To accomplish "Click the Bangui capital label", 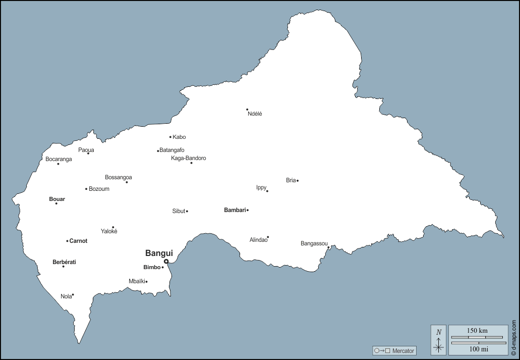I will pos(159,253).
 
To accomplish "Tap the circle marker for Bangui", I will pos(166,262).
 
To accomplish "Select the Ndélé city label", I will pos(255,114).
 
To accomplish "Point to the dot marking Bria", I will pos(298,180).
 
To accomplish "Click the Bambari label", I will pos(235,210).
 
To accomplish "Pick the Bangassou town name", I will pos(314,243).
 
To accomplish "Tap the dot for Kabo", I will pos(170,137).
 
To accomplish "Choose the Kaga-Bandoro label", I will pos(189,158).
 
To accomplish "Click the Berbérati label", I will pos(64,262).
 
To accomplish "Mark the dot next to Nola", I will pos(73,295).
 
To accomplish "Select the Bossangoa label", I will pos(119,177).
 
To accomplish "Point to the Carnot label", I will pos(78,241).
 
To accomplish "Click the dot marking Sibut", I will pos(187,211).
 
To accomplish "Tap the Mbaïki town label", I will pos(137,281).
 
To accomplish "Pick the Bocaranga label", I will pos(59,159).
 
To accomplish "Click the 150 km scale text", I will pos(477,330).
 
